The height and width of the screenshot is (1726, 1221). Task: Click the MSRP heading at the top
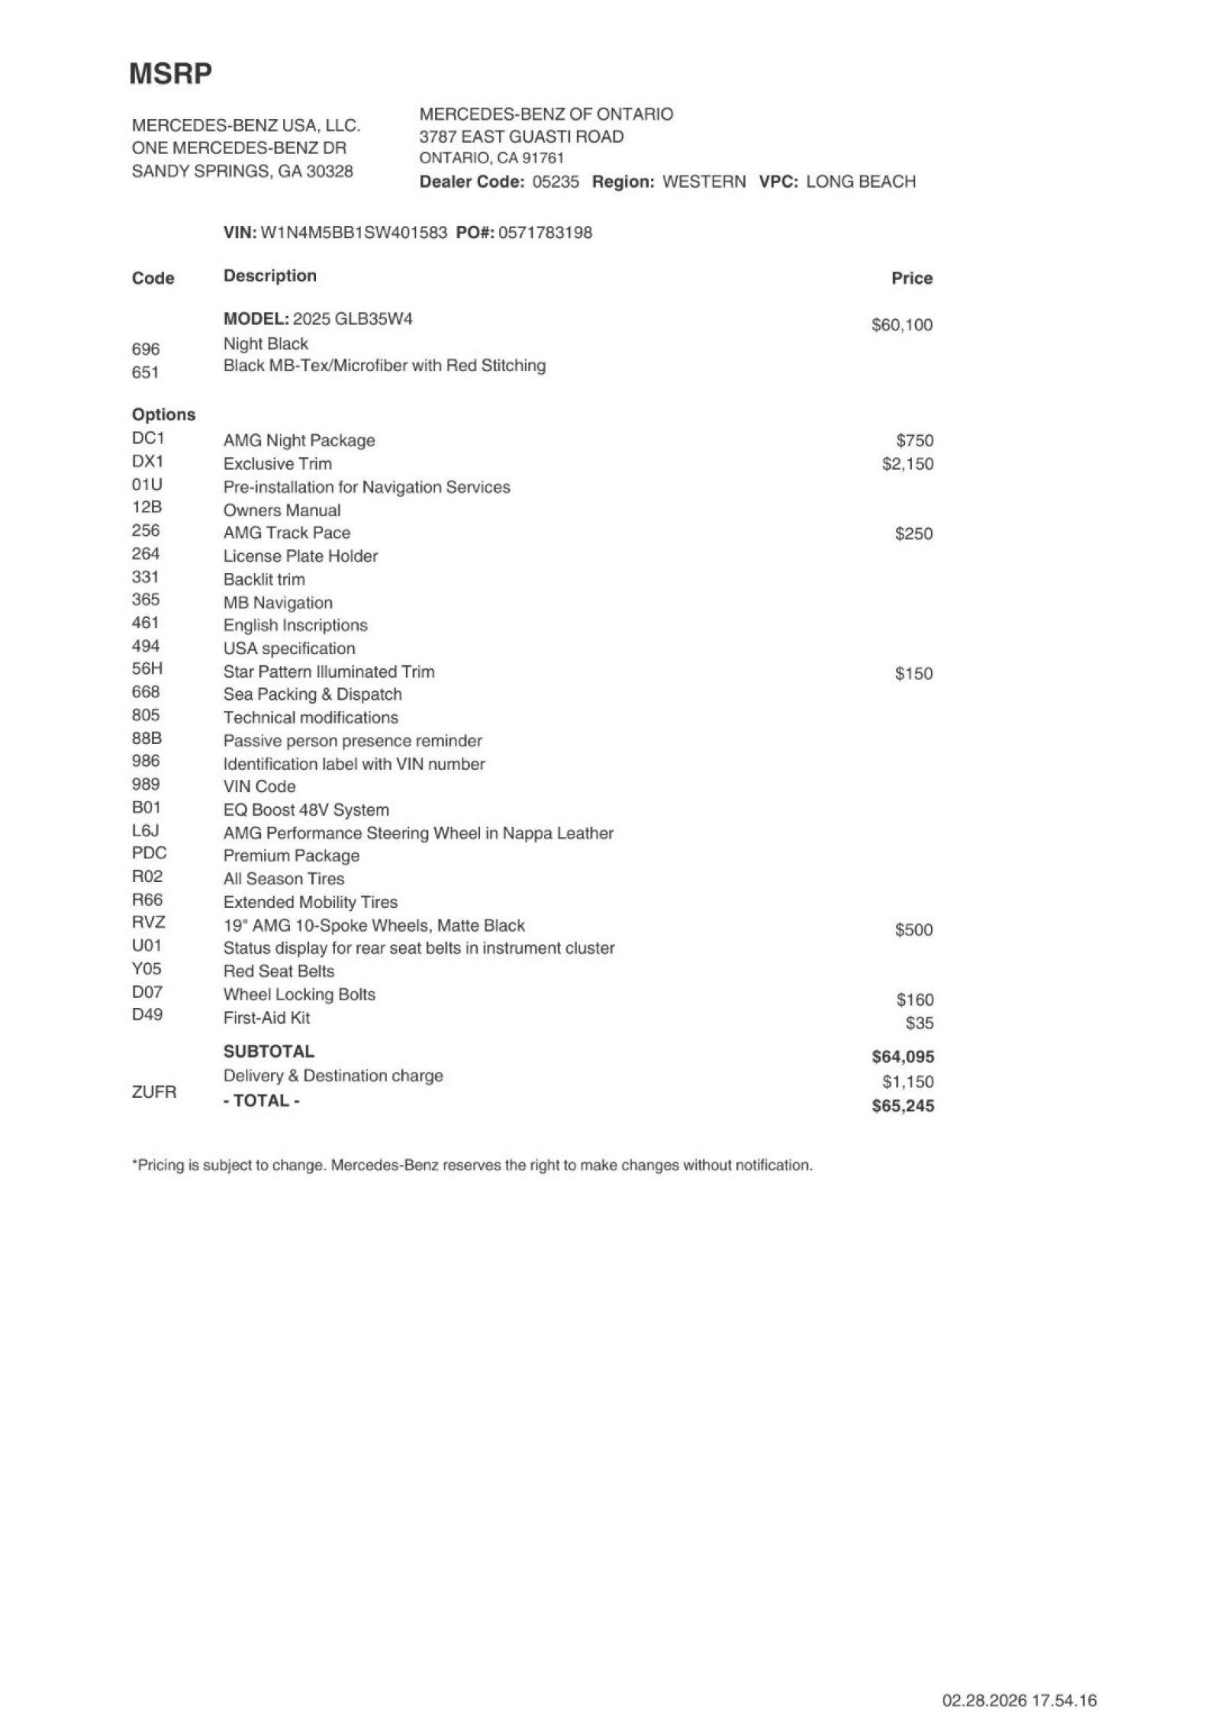pos(170,74)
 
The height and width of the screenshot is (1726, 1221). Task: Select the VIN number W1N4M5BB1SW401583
pos(353,233)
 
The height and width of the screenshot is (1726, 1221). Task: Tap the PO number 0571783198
pos(545,233)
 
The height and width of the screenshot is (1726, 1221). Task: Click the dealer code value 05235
pos(555,182)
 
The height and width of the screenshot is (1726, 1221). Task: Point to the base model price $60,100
pos(901,325)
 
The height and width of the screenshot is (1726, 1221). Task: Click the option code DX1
pos(147,462)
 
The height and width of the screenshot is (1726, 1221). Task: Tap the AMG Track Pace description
pos(286,533)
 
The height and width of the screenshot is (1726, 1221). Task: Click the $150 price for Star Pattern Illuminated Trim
pos(913,673)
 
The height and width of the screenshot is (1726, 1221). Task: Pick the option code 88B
pos(147,738)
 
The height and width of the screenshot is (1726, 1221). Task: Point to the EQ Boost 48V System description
pos(305,810)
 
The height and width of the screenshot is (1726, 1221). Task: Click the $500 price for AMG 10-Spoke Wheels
pos(913,929)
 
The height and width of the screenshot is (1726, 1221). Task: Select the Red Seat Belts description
pos(279,971)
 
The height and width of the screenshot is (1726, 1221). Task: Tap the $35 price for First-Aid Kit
pos(920,1023)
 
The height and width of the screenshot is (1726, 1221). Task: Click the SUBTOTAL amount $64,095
pos(902,1057)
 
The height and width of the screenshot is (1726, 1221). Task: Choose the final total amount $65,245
pos(902,1106)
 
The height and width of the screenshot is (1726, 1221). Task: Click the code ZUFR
pos(153,1092)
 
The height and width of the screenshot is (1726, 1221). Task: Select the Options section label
pos(163,414)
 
